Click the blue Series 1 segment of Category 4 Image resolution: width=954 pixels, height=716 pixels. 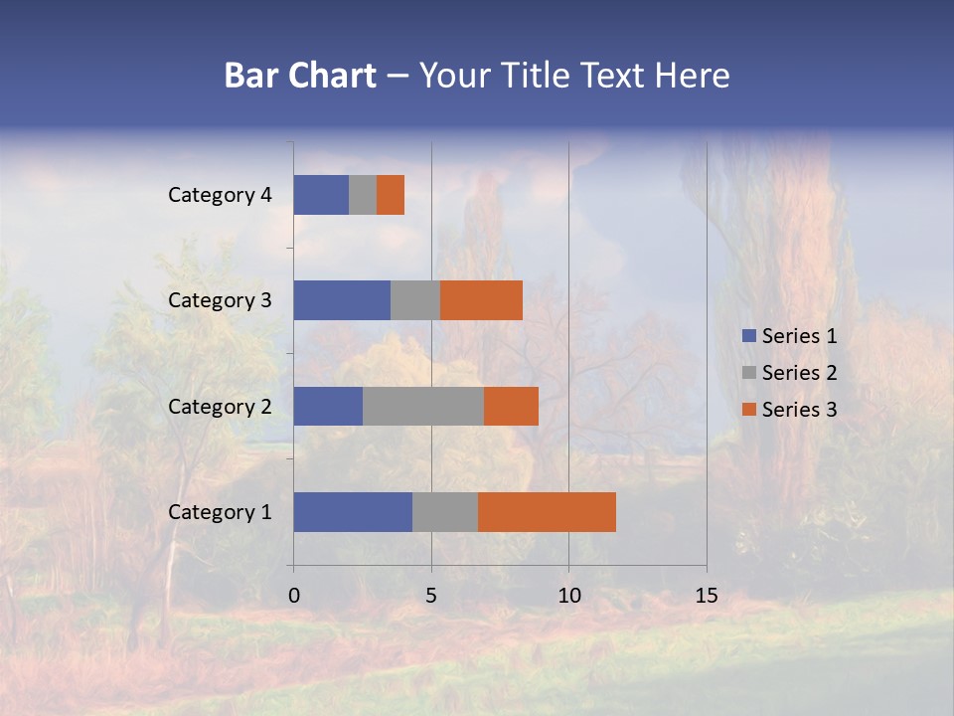pos(321,195)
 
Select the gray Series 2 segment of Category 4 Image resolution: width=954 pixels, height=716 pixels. pos(363,195)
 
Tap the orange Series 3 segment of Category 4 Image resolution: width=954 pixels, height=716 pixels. pos(391,195)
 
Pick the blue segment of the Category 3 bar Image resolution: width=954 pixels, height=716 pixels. pos(342,300)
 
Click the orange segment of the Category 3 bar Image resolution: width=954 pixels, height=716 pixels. pos(481,300)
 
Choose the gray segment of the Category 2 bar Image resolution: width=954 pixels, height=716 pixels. pos(423,406)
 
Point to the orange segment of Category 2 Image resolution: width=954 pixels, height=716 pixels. pos(511,406)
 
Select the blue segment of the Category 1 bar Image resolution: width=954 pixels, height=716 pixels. pos(353,512)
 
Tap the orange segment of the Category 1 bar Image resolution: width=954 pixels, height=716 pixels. pos(547,512)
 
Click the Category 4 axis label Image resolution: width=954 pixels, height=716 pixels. pos(220,195)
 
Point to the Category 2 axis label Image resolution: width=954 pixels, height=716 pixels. pos(220,406)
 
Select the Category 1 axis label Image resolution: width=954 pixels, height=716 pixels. pos(220,512)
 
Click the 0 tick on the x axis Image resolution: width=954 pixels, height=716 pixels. pos(294,597)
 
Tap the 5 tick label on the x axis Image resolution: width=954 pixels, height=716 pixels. pos(431,597)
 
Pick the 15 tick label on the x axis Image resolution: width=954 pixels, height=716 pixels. pos(707,597)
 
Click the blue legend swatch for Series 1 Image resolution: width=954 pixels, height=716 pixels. pos(748,336)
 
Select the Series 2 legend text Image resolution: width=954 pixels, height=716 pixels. pos(799,373)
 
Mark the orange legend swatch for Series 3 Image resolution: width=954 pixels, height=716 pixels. pos(748,410)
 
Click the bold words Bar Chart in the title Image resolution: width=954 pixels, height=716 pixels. pos(300,76)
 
